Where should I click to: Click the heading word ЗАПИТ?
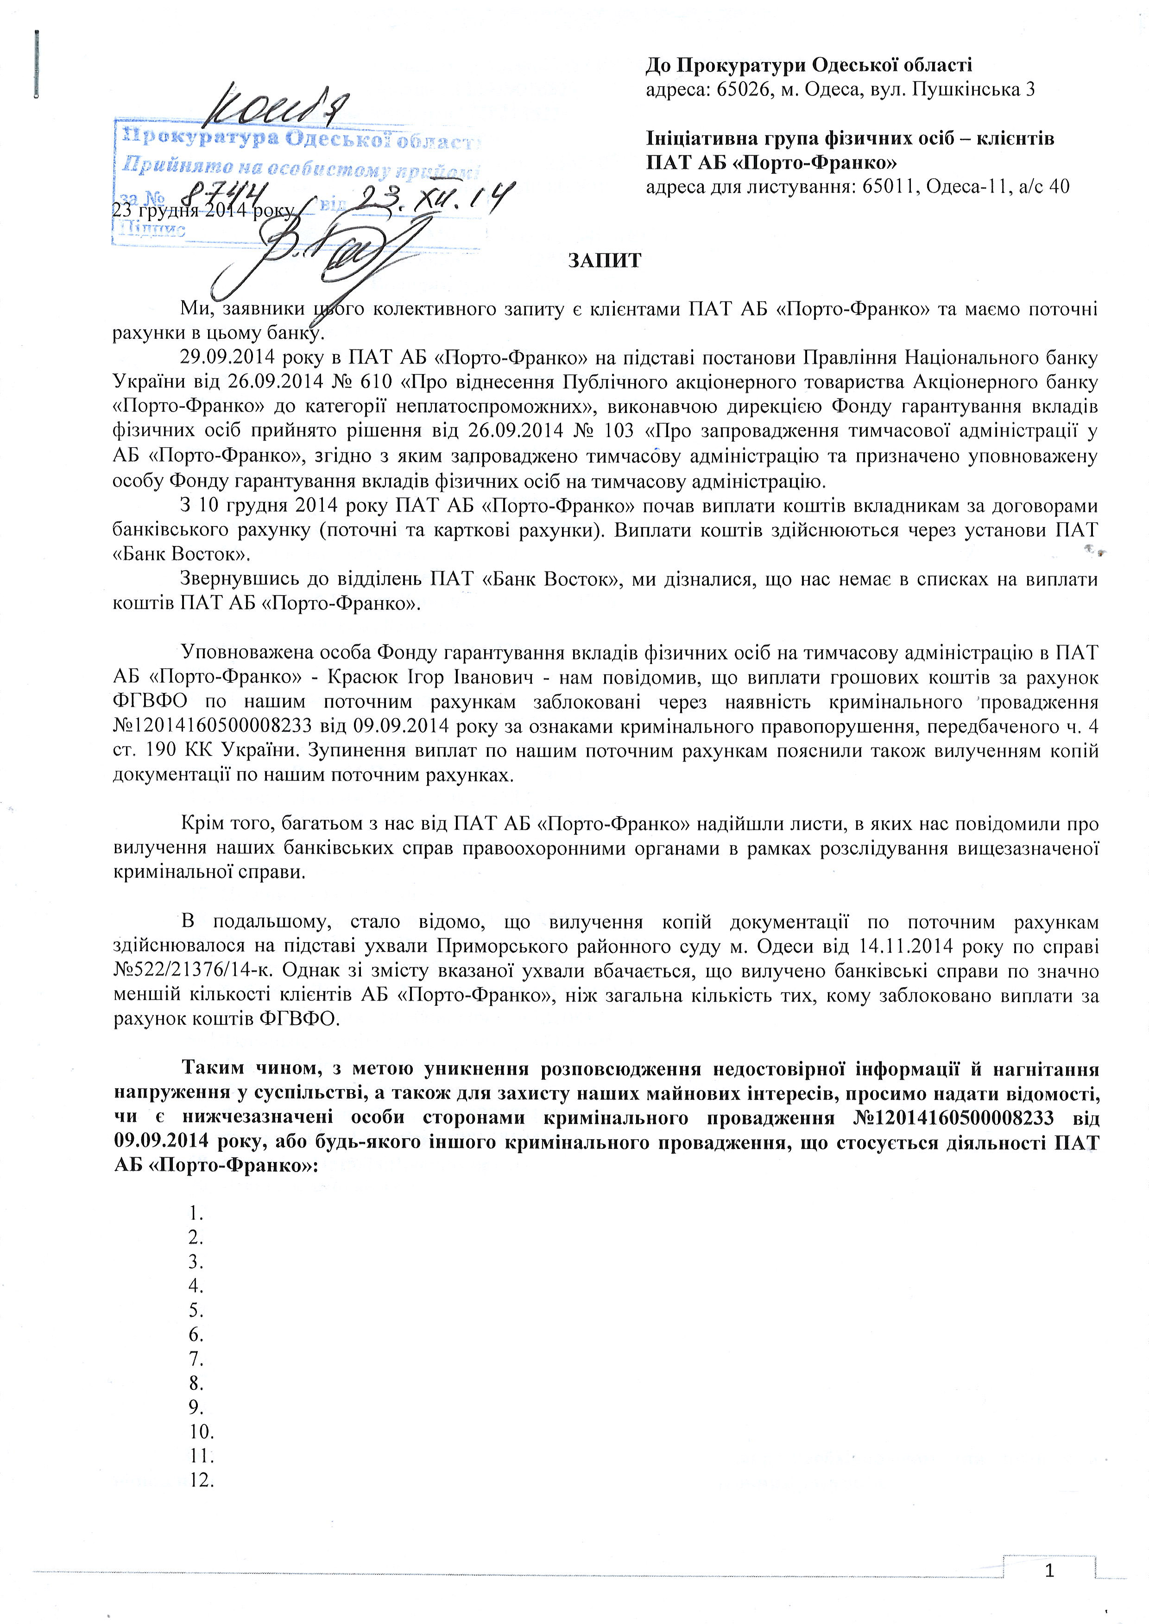(605, 261)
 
